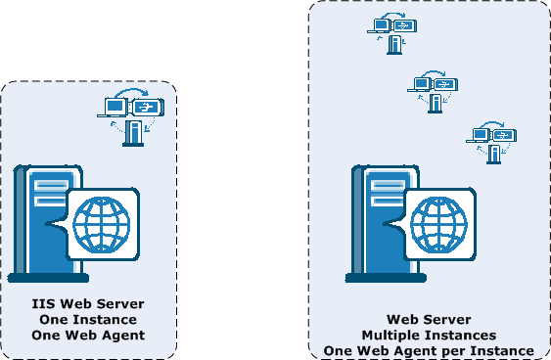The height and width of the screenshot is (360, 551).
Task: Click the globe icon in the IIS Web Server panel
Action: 102,223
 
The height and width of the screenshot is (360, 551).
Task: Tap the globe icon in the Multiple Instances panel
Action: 438,223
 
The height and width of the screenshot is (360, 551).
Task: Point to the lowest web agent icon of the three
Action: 491,141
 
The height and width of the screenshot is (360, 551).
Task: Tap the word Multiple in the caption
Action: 391,335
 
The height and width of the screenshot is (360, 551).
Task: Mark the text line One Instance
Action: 88,320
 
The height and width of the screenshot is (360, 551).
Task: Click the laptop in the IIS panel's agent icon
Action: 115,107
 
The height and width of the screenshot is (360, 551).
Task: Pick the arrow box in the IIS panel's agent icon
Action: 148,108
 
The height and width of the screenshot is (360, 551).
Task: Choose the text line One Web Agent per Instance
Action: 429,350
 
